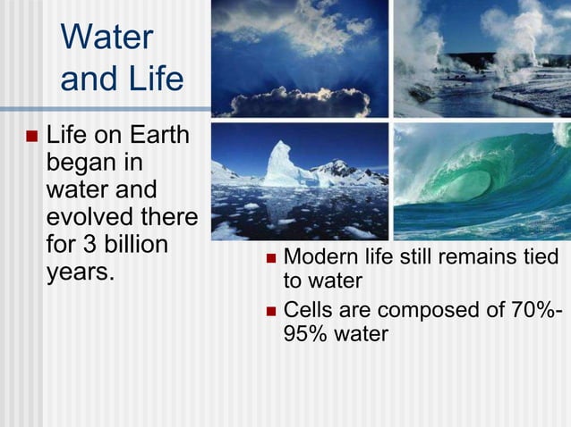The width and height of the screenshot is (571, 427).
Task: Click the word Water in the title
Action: coord(107,38)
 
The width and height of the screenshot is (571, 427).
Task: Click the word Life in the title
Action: coord(151,80)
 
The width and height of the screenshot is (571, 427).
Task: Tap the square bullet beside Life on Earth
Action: coord(32,138)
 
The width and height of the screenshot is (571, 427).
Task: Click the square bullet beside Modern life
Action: coord(270,259)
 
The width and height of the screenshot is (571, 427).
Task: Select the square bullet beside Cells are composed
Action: coord(270,312)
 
